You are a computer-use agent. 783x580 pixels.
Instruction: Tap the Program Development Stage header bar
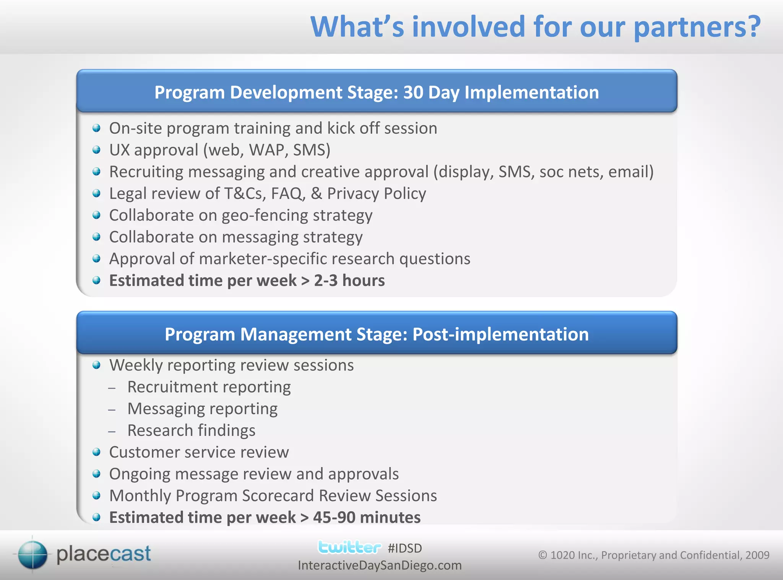pos(377,92)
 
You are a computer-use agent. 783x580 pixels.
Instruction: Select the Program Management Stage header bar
pos(377,334)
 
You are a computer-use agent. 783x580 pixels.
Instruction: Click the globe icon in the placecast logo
pos(32,554)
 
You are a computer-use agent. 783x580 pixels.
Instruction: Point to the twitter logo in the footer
pos(349,547)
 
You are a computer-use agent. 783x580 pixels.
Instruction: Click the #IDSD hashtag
pos(404,548)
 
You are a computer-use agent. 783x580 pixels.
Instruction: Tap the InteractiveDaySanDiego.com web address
pos(380,565)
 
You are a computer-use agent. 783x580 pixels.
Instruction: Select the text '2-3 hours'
pos(349,281)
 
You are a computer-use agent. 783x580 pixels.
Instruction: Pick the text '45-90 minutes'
pos(367,518)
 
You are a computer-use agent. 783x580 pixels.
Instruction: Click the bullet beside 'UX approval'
pos(96,150)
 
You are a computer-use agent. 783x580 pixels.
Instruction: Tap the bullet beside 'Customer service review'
pos(96,452)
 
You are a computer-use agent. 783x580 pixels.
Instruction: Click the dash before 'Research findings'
pos(112,431)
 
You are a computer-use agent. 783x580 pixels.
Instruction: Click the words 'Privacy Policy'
pos(376,193)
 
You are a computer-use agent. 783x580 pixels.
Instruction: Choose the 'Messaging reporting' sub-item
pos(202,409)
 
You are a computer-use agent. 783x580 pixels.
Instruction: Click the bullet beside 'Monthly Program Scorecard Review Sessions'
pos(96,496)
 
